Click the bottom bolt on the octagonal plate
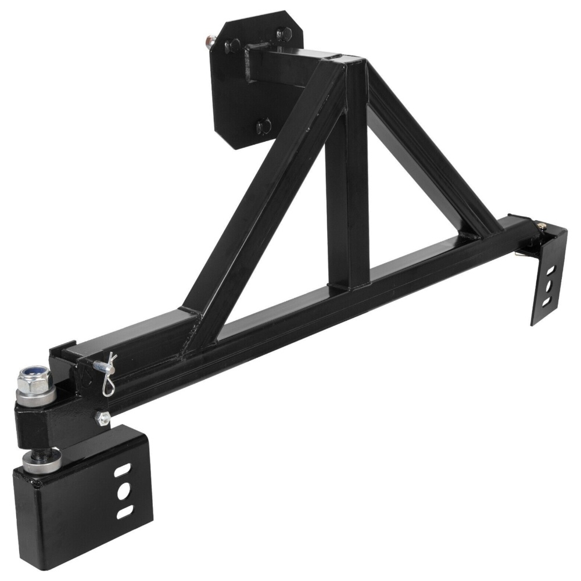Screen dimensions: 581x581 264,123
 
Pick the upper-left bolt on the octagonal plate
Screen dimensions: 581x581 232,44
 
